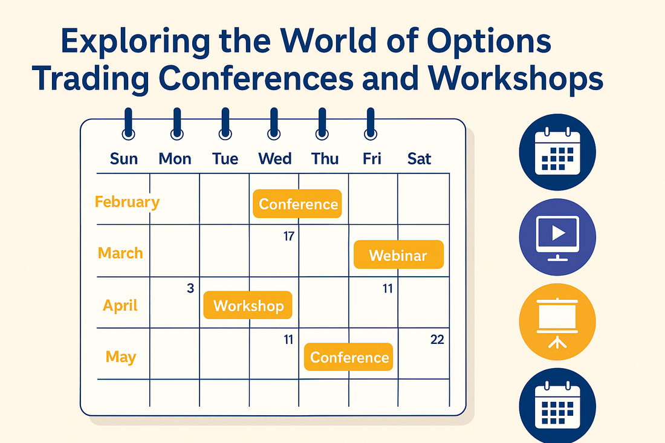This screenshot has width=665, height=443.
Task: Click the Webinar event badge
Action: [398, 255]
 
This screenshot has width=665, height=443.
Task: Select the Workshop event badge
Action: [248, 305]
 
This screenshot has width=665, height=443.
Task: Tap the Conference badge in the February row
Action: [297, 204]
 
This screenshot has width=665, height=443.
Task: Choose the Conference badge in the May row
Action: [349, 357]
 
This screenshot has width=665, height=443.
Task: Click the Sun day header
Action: [124, 158]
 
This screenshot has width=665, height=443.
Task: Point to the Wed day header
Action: [275, 158]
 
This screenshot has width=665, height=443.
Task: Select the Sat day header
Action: [419, 158]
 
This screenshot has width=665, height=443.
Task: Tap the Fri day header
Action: [372, 158]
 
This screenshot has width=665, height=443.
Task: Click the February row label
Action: [127, 202]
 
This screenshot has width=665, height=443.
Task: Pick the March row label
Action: [120, 253]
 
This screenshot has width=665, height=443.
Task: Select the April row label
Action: [120, 306]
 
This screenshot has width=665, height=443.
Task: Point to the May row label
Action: [121, 357]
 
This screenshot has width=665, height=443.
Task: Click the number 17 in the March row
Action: [289, 236]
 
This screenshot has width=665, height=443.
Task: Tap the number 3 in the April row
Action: [190, 288]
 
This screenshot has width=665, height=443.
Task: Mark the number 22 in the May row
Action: [437, 339]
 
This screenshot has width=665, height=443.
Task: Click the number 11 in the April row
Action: [388, 289]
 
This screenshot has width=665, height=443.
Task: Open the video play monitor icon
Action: [557, 237]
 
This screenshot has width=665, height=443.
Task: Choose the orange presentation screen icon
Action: [557, 322]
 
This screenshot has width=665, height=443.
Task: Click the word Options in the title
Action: [488, 41]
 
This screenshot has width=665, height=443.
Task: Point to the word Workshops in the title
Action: [515, 79]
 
